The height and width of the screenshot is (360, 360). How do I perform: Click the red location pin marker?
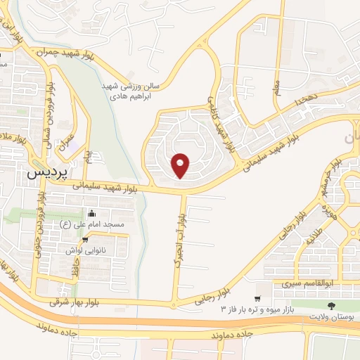point(181,164)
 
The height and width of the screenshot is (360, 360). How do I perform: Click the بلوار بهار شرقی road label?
point(76,301)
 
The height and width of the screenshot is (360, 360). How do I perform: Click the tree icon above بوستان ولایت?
point(330,305)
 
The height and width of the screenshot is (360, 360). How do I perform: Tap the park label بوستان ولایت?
point(330,316)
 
